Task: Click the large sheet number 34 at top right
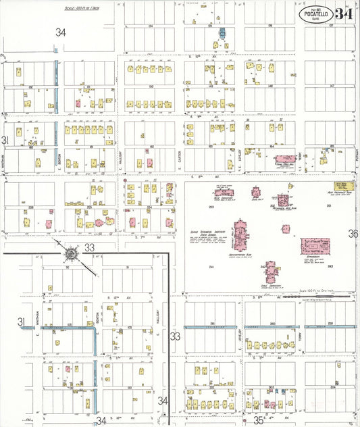coord(343,14)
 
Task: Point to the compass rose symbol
coord(70,254)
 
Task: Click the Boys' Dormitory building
coord(224,194)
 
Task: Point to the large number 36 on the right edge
coord(353,234)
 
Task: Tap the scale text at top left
coord(81,9)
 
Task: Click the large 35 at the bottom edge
coord(259,420)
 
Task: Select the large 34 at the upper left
coord(61,32)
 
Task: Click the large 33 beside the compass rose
coord(90,247)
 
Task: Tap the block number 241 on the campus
coord(211,268)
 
